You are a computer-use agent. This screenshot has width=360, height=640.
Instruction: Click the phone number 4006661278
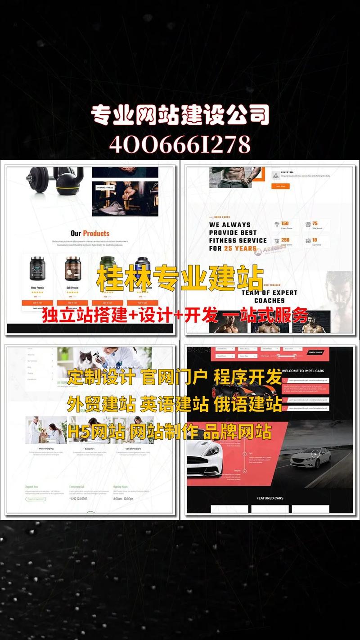180,144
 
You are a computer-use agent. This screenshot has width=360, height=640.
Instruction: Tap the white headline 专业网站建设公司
180,115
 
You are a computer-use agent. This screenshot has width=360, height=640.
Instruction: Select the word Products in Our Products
96,233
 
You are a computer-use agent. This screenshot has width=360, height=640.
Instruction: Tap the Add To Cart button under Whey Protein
37,303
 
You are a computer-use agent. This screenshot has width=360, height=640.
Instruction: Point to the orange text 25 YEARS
240,248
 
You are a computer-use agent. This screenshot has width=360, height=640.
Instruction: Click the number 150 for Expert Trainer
285,224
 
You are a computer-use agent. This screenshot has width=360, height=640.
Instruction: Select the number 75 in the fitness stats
315,224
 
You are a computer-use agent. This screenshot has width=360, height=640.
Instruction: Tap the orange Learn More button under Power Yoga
280,186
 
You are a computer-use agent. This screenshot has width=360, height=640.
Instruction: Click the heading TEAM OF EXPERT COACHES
269,296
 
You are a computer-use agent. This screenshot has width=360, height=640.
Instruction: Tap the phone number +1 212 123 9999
78,499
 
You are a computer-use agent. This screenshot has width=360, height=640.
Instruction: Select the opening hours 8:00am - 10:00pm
123,499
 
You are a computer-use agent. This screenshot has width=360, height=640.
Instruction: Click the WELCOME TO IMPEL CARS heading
302,371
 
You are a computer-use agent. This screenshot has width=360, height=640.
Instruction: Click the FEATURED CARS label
270,498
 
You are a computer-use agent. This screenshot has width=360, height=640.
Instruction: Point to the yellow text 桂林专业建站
180,277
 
